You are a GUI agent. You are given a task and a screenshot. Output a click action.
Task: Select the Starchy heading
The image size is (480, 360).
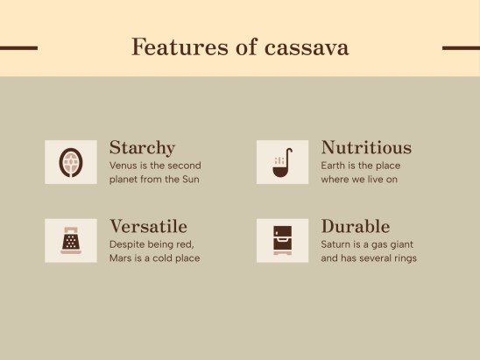[x=142, y=147]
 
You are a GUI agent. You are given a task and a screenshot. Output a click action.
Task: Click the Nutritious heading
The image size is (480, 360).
[x=366, y=147]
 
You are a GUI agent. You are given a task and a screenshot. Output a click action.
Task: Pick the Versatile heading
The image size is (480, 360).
[x=148, y=226]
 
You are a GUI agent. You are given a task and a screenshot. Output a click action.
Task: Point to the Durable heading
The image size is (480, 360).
[x=356, y=226]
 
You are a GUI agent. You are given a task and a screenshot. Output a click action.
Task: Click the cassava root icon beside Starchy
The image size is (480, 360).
[x=71, y=162]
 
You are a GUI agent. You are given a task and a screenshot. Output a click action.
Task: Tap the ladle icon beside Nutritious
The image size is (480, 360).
[x=282, y=162]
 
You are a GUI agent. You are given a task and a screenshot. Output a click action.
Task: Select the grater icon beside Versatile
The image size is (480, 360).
[x=71, y=240]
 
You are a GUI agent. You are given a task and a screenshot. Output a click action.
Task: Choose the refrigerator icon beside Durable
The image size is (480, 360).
[x=282, y=240]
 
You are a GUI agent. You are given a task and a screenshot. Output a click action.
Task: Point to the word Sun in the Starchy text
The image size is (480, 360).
[x=191, y=180]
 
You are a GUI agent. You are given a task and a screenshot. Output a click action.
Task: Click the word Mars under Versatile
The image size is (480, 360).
[x=121, y=258]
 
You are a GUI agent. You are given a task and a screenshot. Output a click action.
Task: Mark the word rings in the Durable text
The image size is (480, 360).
[x=404, y=258]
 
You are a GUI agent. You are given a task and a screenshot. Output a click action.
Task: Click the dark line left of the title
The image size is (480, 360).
[x=18, y=48]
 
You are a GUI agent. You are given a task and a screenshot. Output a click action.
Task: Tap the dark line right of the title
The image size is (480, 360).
[x=461, y=48]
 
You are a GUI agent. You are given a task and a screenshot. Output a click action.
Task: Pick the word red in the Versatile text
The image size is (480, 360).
[x=185, y=244]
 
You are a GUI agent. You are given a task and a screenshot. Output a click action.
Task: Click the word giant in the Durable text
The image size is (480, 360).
[x=399, y=244]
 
